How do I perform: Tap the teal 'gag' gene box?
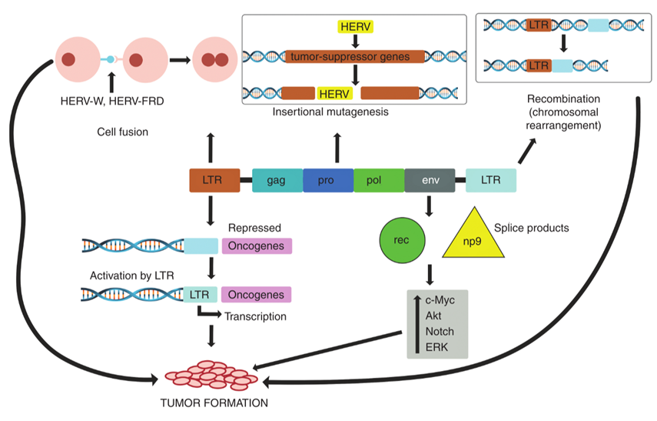[277, 181]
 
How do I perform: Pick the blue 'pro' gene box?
[328, 181]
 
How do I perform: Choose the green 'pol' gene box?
[379, 181]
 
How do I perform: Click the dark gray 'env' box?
[430, 181]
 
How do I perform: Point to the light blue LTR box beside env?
[490, 181]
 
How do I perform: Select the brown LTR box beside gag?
[211, 181]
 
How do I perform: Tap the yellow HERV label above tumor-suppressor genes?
[354, 28]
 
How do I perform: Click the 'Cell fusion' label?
[122, 132]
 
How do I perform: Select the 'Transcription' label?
[255, 316]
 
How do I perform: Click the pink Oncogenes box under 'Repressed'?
[257, 246]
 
